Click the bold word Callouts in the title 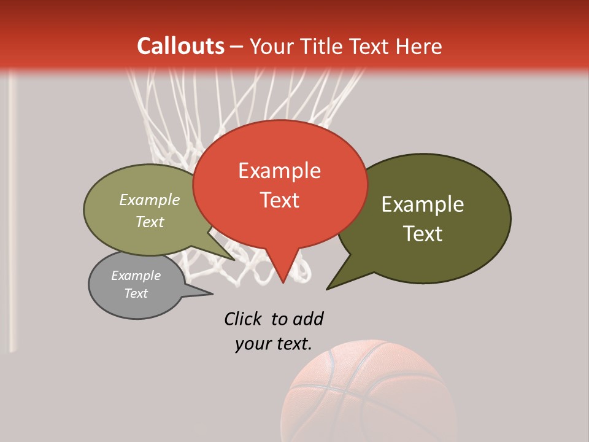click(x=180, y=46)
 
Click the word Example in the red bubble click(x=280, y=171)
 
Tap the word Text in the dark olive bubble click(x=423, y=234)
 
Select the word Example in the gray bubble click(x=136, y=276)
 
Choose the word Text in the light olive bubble click(x=150, y=222)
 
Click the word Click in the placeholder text click(x=242, y=319)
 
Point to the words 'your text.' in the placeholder click(x=274, y=344)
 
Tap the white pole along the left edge click(x=12, y=215)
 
